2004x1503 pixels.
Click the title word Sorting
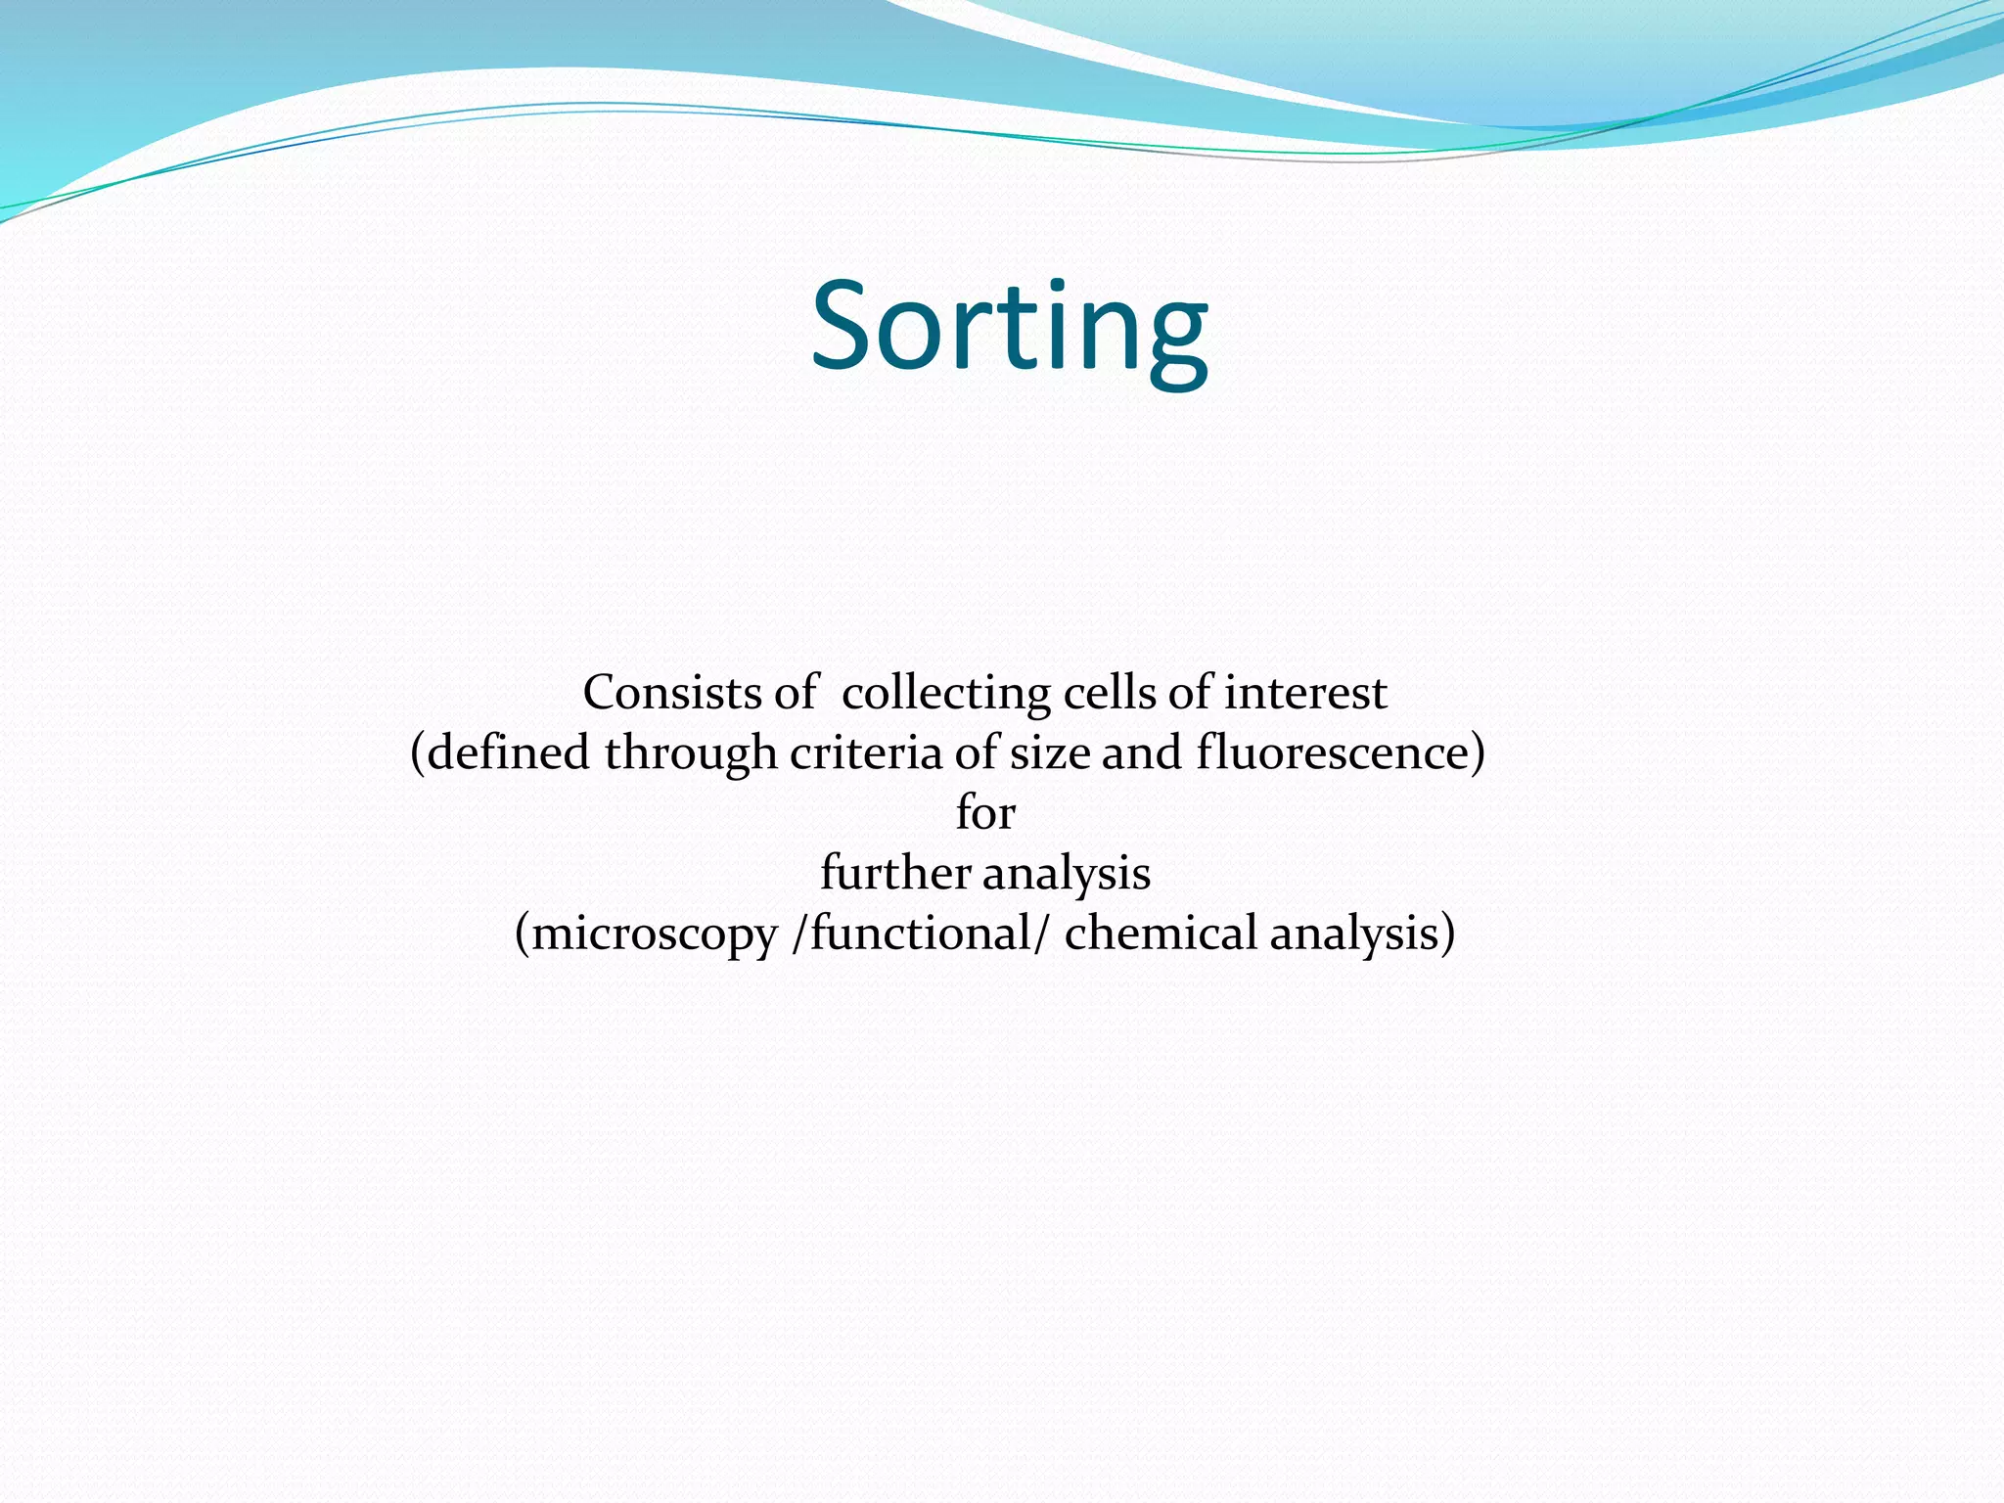coord(1009,327)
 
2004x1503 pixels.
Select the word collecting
coord(944,694)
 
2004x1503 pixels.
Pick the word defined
coord(509,753)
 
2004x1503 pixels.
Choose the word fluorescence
coord(1333,753)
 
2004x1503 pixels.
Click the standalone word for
coord(985,813)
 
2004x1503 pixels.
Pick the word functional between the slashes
coord(920,933)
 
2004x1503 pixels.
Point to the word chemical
coord(1160,933)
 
